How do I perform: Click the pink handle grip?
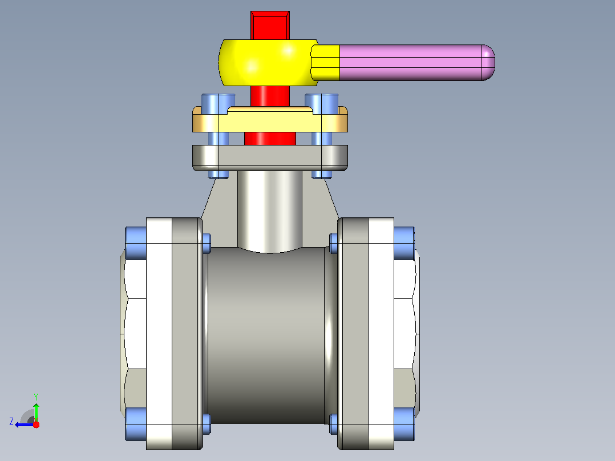coord(416,63)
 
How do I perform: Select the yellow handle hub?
coord(268,63)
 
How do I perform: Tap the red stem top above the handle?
coord(270,26)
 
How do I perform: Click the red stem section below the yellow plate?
coord(270,139)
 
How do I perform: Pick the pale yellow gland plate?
coord(270,119)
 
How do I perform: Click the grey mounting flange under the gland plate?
coord(270,157)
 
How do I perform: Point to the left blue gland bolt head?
coord(219,104)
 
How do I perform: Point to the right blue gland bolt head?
coord(322,104)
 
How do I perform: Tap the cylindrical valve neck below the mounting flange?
coord(270,212)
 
